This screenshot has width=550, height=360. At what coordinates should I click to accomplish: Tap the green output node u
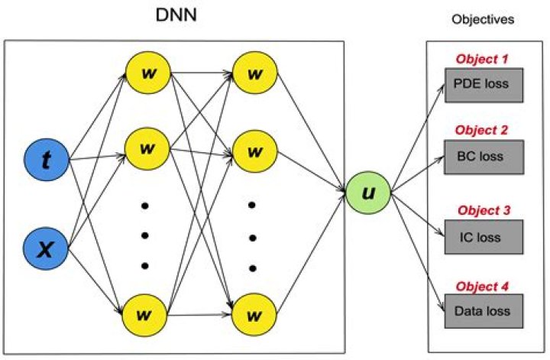pyautogui.click(x=367, y=192)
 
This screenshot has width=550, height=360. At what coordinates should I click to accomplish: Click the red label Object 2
pyautogui.click(x=482, y=131)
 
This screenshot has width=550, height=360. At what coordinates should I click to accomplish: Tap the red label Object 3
pyautogui.click(x=482, y=211)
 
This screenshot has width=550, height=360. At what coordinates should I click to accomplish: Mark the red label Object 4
pyautogui.click(x=482, y=287)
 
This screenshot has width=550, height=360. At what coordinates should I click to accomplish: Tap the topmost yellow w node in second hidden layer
pyautogui.click(x=252, y=73)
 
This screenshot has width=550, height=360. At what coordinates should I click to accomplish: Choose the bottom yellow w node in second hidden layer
pyautogui.click(x=252, y=313)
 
